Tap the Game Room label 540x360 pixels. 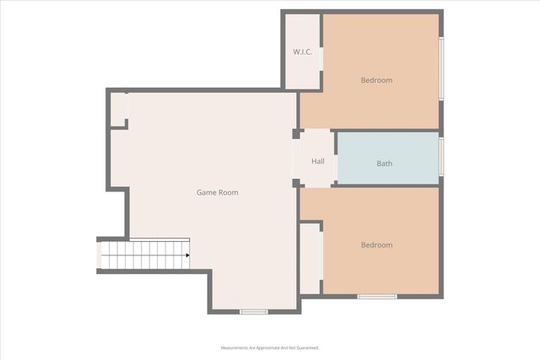click(217, 192)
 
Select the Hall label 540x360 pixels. click(317, 161)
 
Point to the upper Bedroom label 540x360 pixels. click(376, 80)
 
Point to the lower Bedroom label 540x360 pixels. click(376, 245)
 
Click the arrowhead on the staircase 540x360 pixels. click(186, 255)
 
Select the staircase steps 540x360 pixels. click(143, 255)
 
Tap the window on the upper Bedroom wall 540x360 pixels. click(441, 69)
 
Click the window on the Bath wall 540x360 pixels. click(441, 157)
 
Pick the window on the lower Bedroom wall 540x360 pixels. click(377, 297)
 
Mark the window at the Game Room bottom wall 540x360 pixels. click(253, 312)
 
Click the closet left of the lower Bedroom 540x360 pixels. click(310, 258)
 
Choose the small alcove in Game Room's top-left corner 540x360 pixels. click(118, 110)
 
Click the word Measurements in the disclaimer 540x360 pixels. click(240, 347)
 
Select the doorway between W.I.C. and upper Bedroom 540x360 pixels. click(321, 81)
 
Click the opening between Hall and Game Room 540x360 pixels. click(294, 159)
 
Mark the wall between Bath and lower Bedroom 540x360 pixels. click(386, 185)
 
